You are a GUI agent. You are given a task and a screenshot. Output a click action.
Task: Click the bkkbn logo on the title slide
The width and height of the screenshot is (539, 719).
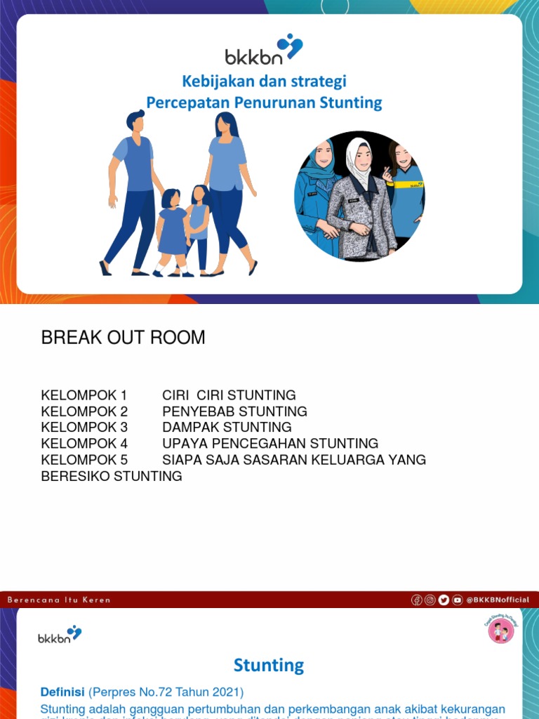(x=263, y=51)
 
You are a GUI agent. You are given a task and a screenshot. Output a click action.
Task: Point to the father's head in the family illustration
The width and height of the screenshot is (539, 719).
(x=136, y=122)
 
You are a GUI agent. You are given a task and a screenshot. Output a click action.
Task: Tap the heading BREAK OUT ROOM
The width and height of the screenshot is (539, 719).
(x=123, y=338)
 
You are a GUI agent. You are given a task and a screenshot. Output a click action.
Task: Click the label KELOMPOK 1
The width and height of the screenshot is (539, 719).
(x=84, y=395)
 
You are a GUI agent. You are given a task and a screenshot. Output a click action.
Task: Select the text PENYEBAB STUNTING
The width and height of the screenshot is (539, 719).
(x=234, y=411)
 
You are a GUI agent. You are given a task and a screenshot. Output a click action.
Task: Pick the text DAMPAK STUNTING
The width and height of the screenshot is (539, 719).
(x=227, y=428)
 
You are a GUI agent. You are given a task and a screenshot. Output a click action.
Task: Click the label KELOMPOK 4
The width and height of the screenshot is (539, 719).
(x=84, y=444)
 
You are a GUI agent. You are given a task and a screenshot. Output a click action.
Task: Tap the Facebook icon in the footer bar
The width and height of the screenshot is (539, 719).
(x=417, y=600)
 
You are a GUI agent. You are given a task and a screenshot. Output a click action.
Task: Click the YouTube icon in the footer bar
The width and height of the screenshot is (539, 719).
(x=458, y=600)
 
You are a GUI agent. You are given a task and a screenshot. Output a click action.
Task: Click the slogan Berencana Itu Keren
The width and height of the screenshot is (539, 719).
(x=59, y=600)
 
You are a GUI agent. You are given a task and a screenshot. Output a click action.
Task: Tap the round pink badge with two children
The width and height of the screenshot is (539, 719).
(x=501, y=631)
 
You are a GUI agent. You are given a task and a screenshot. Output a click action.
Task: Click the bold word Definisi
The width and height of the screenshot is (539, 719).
(x=62, y=692)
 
